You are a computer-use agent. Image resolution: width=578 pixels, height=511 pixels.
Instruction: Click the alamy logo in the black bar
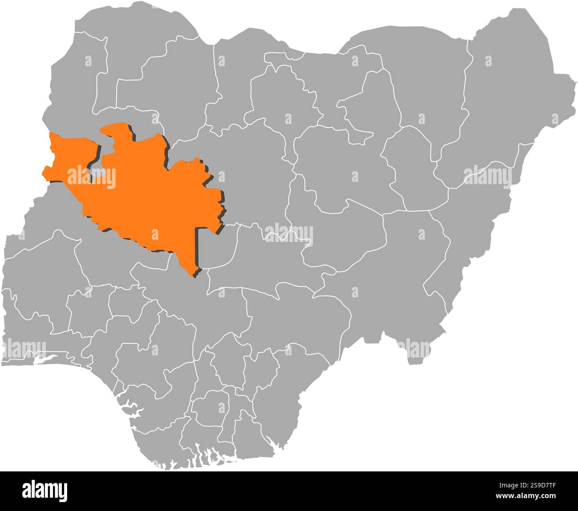tap(45, 490)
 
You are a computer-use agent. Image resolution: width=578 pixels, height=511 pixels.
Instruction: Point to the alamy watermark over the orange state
tap(91, 177)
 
